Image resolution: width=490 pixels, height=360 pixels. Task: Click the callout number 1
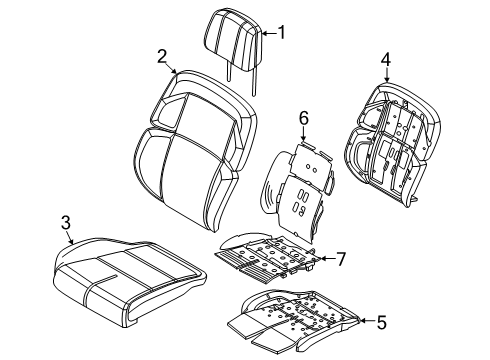pyautogui.click(x=281, y=33)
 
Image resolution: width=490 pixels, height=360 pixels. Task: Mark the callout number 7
pyautogui.click(x=341, y=259)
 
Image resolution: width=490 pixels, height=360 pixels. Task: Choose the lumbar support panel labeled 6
pyautogui.click(x=300, y=185)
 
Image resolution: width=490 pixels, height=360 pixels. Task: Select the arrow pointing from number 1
pyautogui.click(x=265, y=33)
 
